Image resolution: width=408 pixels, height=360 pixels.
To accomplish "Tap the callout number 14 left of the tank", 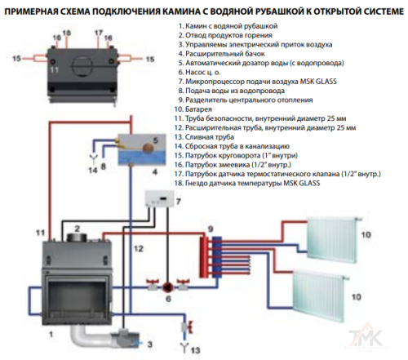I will click(90, 169).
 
